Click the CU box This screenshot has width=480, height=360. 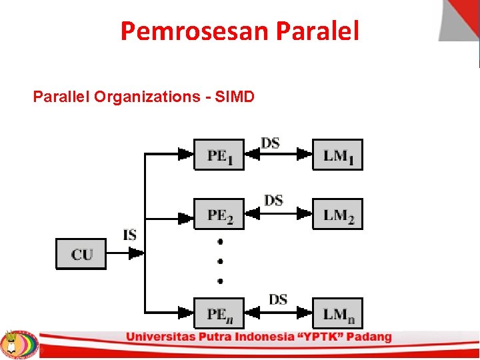click(x=81, y=254)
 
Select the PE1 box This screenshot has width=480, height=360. click(x=219, y=155)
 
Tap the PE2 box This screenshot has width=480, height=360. click(x=219, y=214)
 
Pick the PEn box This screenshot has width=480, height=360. click(x=219, y=313)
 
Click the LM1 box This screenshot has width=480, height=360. click(x=338, y=155)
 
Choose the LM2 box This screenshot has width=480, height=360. click(x=338, y=214)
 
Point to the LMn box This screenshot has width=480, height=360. click(x=338, y=313)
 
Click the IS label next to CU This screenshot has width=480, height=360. click(x=130, y=235)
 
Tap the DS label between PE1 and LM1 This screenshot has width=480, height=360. click(x=270, y=143)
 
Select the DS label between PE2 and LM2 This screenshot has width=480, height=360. click(x=273, y=200)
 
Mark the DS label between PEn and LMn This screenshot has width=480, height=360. click(x=278, y=299)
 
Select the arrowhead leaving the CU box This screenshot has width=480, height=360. click(x=135, y=254)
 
